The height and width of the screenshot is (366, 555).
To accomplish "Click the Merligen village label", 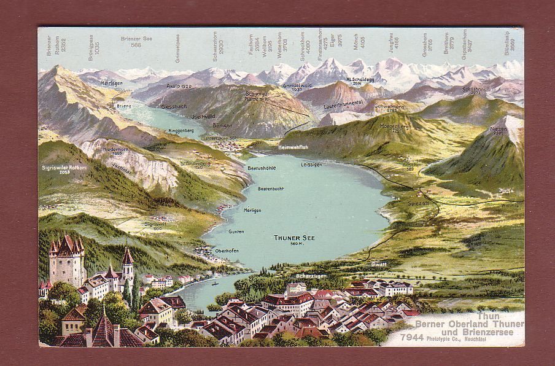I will pos(235,211).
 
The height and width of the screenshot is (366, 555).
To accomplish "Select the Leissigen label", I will pos(312,165).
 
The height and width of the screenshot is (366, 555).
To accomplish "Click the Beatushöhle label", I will pos(262,168).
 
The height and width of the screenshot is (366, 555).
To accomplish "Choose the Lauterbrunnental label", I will pos(343,106).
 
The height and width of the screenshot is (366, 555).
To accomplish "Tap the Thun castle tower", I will pos(67,258).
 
